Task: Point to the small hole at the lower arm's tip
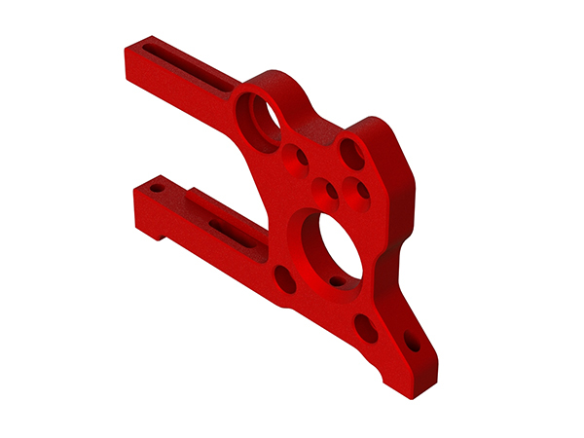[156, 187]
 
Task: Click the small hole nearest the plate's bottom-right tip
[413, 343]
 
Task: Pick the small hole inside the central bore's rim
[338, 281]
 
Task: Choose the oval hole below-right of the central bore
[366, 328]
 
